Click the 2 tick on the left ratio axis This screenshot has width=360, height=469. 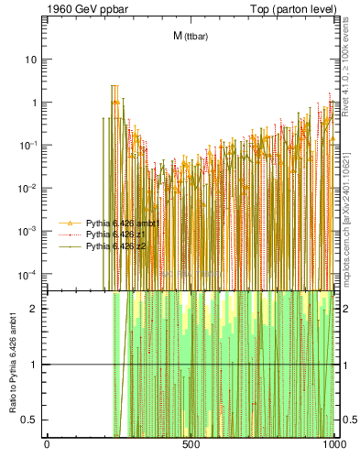[37, 308]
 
